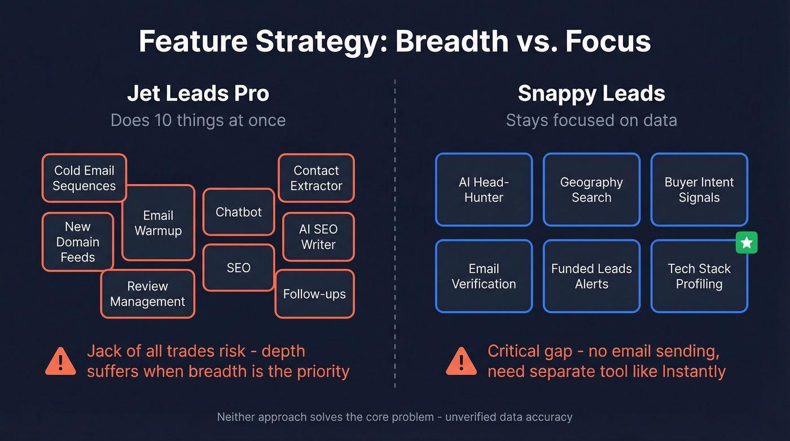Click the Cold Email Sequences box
point(84,178)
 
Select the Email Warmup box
point(158,223)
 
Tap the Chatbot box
point(239,212)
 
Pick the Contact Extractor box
point(316,178)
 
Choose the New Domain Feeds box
point(77,242)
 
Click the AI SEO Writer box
point(318,237)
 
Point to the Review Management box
point(147,294)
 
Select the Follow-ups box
point(314,294)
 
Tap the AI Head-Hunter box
point(484,190)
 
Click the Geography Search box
point(591,190)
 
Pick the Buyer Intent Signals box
point(699,190)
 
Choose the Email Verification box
point(484,276)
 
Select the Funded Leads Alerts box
point(591,276)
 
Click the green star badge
point(747,243)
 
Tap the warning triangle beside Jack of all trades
point(60,361)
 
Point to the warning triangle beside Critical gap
point(461,361)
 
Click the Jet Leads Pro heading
point(198,94)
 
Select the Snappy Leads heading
point(591,94)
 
